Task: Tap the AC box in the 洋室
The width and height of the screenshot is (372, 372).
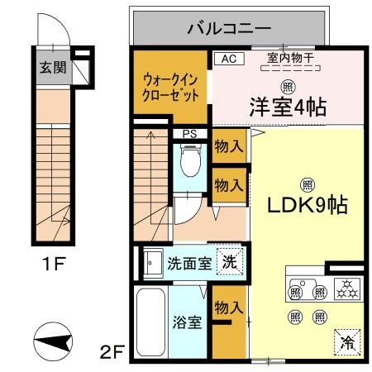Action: (229, 59)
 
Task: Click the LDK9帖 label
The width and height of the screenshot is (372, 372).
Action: (305, 205)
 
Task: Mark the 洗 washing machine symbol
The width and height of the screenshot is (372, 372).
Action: (229, 262)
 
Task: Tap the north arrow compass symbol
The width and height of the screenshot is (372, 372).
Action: (50, 341)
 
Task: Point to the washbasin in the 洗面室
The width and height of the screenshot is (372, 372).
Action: (153, 264)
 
